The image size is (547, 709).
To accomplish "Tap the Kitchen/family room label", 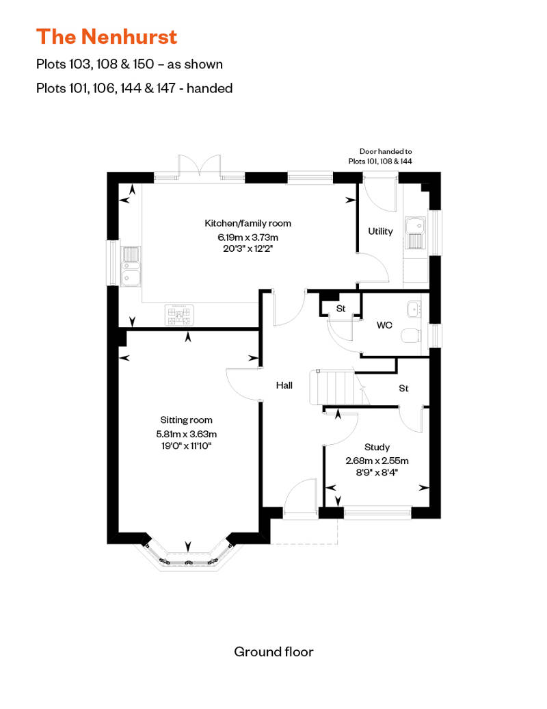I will tap(248, 223).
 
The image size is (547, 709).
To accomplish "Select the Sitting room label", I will tap(186, 420).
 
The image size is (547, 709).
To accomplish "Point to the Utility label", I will tap(380, 231).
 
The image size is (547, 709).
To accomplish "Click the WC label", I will tap(384, 325).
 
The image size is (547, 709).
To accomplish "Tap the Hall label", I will tap(284, 385).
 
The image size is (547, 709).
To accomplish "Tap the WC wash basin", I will tap(414, 310).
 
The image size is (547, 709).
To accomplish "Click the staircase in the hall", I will tap(333, 387).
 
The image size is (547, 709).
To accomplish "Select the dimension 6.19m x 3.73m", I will tap(248, 237).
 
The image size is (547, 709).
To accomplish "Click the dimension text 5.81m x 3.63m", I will tap(186, 433).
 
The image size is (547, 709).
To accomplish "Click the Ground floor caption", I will tap(273, 651).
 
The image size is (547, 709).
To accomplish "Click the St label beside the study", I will tap(403, 388).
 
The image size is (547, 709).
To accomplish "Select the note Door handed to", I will tap(386, 151).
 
